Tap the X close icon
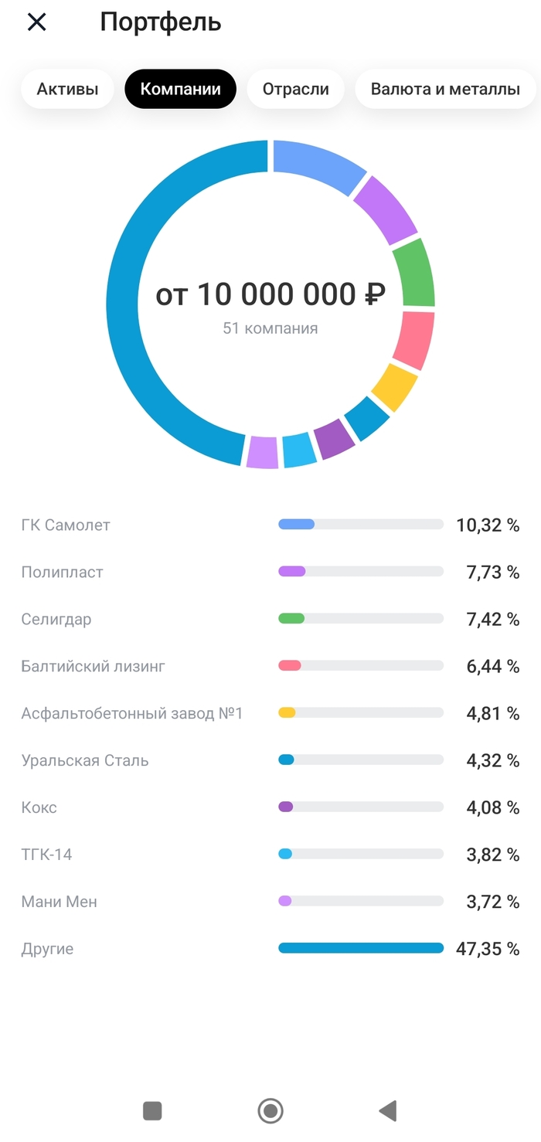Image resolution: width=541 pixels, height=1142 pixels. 36,22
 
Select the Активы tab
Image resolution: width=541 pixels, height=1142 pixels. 68,89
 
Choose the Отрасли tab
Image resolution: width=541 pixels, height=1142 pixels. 296,89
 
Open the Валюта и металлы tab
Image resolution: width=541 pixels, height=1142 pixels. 445,89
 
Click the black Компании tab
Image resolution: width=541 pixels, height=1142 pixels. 180,89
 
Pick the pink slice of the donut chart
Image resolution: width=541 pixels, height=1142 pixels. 414,339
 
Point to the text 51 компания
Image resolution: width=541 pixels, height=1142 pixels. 270,328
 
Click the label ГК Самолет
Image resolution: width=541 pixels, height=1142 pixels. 66,525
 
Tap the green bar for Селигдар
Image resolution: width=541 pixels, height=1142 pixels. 291,619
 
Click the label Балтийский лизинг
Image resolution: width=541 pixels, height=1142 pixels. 94,666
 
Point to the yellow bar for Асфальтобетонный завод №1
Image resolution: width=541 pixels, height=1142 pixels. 287,713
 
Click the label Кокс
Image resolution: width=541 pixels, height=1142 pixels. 39,808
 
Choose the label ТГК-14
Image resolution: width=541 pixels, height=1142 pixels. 46,855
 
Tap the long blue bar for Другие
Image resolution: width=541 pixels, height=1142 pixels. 361,948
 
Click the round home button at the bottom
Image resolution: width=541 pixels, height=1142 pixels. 270,1111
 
